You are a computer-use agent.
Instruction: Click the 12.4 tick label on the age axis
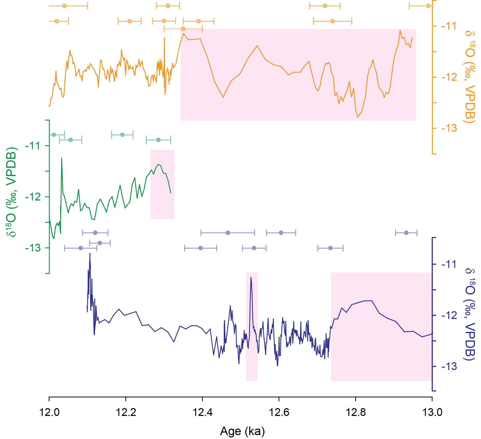(202, 412)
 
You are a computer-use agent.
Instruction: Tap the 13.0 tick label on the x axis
(432, 412)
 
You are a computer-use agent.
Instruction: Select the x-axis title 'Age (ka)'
(242, 431)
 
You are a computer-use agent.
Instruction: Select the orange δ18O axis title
(470, 77)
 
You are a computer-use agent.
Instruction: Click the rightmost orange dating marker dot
(428, 6)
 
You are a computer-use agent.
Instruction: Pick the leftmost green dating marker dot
(54, 135)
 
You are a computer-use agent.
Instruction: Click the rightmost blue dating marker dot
(406, 233)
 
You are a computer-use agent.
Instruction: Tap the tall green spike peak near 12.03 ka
(62, 158)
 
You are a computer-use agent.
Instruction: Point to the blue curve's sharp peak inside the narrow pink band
(251, 277)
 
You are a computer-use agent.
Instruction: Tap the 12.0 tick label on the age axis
(49, 412)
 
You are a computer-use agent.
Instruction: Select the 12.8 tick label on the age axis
(355, 412)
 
